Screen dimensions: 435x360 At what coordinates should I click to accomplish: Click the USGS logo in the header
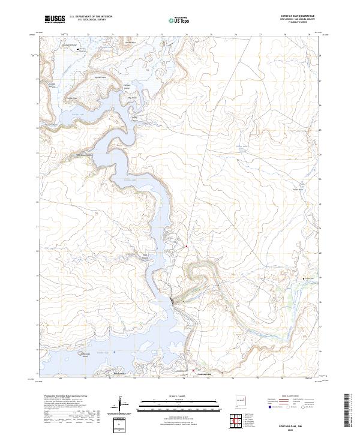point(55,19)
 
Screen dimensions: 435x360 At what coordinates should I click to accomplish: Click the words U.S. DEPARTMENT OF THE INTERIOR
point(91,17)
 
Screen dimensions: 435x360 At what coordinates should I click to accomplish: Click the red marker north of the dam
point(186,246)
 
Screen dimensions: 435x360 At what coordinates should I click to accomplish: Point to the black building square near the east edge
point(305,279)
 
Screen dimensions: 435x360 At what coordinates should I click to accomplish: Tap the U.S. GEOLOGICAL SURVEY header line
point(91,20)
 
